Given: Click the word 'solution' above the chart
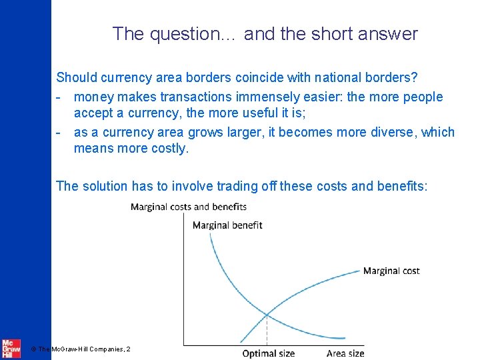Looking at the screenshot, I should (x=107, y=185).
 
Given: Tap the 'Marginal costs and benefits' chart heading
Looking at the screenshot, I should (x=189, y=207).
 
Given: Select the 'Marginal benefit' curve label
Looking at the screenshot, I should (x=227, y=225).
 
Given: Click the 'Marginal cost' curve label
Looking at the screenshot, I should (x=391, y=271).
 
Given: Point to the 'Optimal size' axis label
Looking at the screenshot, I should (x=268, y=353).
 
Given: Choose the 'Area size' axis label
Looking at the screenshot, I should (x=345, y=353).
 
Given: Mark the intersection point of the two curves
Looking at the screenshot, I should (x=267, y=315).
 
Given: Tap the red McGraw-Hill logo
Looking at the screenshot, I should (x=10, y=348).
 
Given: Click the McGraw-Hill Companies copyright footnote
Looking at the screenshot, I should (x=81, y=349).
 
